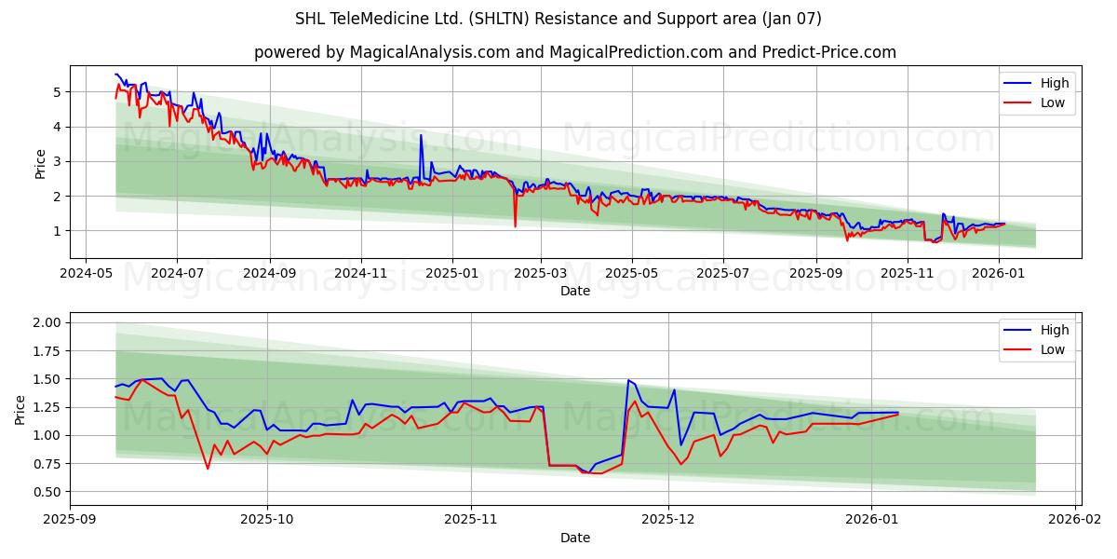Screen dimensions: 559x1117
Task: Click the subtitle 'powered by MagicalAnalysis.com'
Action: tap(382, 52)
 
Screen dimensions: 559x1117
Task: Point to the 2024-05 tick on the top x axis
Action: tap(86, 273)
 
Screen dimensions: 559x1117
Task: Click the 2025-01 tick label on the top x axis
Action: tap(452, 273)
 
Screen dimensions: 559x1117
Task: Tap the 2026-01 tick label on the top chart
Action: tap(999, 273)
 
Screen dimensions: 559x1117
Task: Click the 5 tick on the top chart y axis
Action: tap(57, 92)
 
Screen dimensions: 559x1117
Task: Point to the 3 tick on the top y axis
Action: tap(57, 161)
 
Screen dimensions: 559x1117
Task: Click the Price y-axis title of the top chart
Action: tap(40, 162)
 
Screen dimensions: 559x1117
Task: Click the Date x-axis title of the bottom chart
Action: tap(574, 538)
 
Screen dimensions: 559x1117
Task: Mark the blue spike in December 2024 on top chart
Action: tap(421, 136)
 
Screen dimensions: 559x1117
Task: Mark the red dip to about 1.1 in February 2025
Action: tap(515, 225)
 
